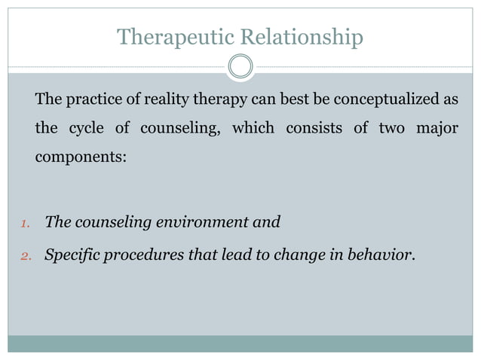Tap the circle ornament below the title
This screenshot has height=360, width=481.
pos(240,66)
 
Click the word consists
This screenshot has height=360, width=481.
pos(313,129)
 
